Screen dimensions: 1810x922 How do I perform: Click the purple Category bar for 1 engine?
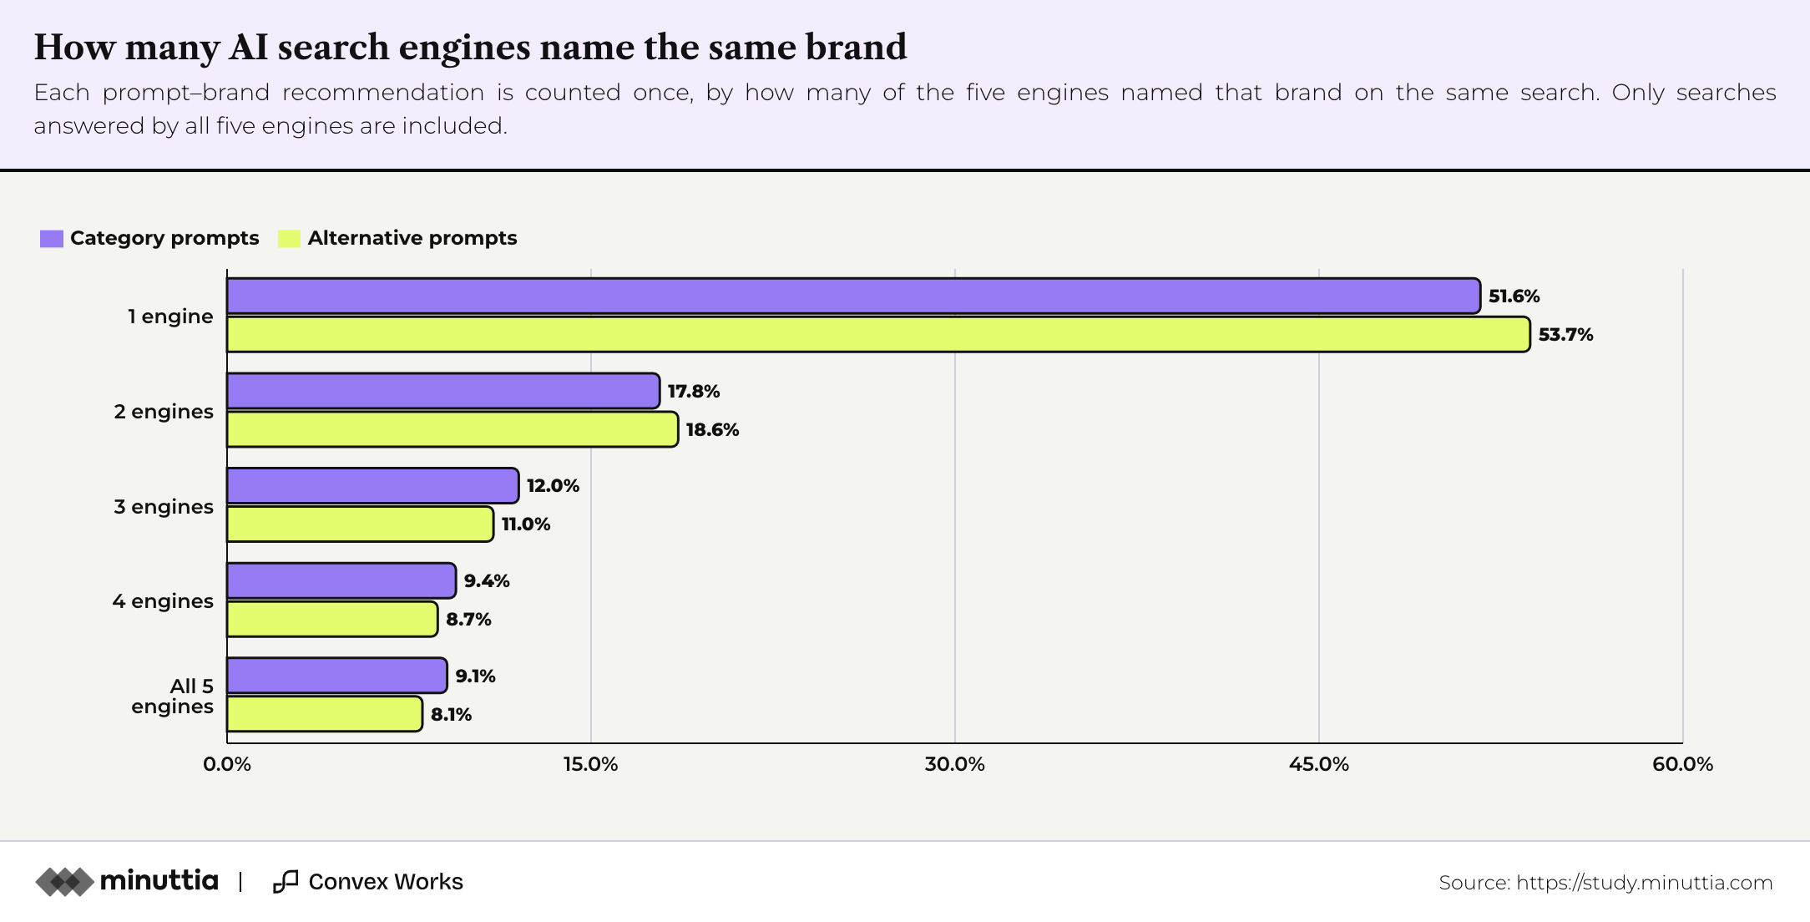853,296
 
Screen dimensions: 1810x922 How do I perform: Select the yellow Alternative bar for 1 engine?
878,334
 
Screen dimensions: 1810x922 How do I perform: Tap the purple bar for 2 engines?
443,391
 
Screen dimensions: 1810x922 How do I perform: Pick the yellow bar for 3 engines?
360,524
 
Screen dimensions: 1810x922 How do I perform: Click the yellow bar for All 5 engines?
325,714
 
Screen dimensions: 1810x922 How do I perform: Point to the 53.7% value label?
1566,335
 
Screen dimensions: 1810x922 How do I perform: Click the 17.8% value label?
694,392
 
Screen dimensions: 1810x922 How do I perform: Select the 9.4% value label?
487,581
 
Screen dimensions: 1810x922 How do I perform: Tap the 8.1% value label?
452,715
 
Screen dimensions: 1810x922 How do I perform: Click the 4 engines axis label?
163,601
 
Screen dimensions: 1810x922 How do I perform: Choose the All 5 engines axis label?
173,697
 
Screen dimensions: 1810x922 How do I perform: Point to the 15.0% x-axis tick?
591,764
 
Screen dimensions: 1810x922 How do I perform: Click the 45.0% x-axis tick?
1319,764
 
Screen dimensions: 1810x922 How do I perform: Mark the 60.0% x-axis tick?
1683,764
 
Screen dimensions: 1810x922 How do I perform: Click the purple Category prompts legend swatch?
52,239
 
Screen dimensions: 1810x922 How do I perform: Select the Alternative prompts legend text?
412,239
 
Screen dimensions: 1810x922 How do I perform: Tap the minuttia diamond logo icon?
64,882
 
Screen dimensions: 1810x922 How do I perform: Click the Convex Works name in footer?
386,882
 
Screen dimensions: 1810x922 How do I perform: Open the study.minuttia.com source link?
1644,883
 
